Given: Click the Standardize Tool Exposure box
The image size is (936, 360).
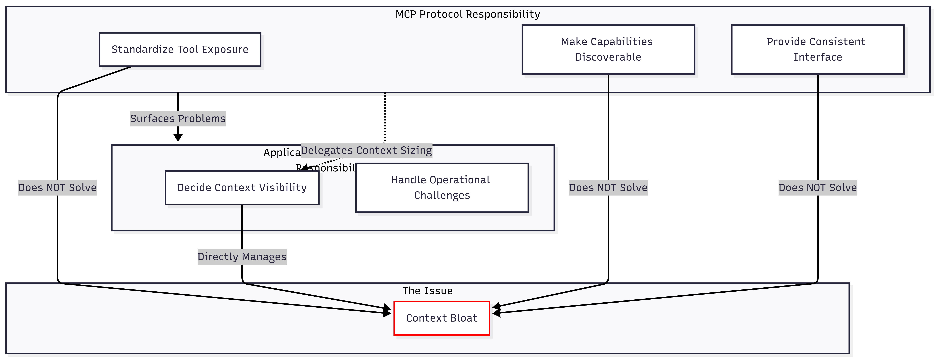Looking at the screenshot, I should click(180, 49).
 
